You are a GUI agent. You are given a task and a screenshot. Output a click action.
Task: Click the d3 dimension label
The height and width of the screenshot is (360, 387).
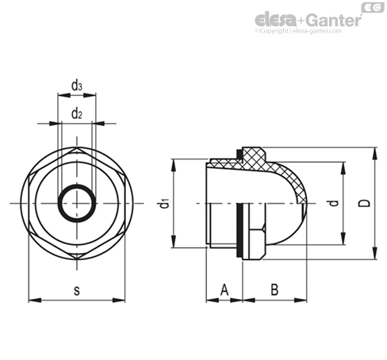coord(77,86)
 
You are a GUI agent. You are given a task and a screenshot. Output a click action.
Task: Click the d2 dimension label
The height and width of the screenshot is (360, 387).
coord(77,113)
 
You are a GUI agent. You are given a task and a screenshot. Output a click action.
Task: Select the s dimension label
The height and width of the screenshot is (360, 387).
coord(77,290)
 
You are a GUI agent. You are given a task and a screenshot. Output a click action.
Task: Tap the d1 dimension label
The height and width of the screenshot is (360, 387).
coord(165,203)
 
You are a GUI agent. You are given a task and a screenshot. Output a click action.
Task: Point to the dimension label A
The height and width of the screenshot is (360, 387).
coord(224,289)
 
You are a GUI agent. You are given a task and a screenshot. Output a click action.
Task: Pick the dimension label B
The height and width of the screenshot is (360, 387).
coord(274,289)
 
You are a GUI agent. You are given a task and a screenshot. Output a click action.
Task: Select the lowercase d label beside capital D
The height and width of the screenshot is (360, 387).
coord(335,203)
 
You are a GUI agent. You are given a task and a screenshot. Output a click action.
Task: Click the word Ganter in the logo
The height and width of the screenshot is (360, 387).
coord(335,20)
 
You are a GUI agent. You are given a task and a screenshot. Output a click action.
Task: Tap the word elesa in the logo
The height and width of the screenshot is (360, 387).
coord(275,20)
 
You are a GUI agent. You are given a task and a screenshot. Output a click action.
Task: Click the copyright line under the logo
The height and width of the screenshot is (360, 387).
coord(298,31)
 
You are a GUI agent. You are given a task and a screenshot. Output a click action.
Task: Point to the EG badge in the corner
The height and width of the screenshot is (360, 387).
coord(373,7)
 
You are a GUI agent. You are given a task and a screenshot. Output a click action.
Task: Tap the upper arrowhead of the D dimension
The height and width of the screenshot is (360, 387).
coord(374,154)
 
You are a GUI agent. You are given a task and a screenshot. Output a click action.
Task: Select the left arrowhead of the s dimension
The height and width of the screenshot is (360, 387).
coord(35,301)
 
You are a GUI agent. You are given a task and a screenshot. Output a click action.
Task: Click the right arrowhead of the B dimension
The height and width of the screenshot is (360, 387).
coord(301,301)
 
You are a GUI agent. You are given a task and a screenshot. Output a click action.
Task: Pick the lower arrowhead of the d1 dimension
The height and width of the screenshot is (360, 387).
coord(174,241)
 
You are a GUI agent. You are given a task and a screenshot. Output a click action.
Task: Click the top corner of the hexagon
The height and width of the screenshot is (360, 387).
coord(77,148)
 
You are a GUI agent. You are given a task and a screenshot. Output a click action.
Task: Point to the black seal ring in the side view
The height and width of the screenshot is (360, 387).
coord(239,230)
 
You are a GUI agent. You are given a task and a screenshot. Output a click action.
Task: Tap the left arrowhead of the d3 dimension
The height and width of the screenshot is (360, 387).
coord(64,95)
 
